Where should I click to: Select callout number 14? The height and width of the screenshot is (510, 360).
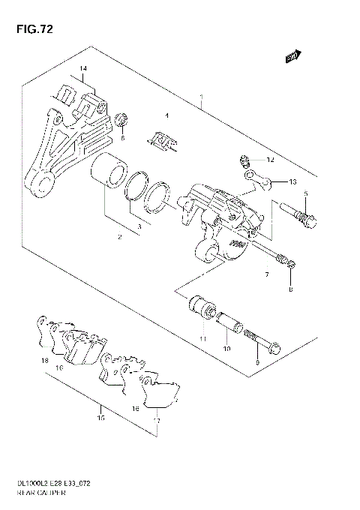point(83,69)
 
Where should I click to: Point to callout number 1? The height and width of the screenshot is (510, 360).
point(201,97)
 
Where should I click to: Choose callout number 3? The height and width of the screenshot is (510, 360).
point(138,227)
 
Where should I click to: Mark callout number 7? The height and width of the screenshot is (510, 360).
point(265,276)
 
